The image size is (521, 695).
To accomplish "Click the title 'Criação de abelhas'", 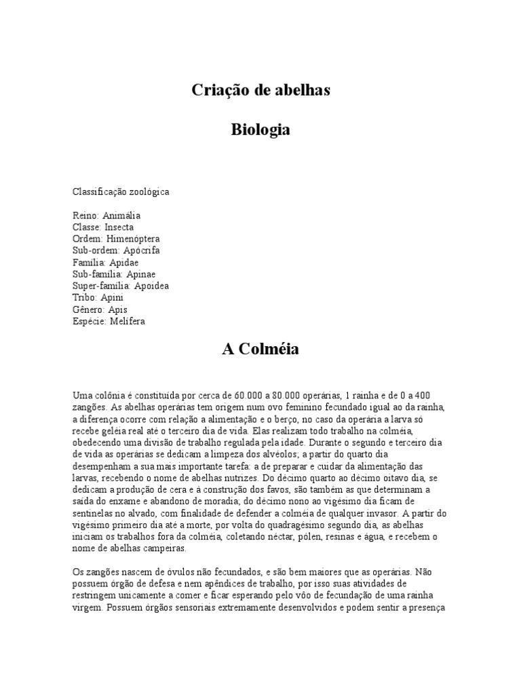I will pyautogui.click(x=260, y=90).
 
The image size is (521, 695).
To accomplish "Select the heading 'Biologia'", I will pyautogui.click(x=260, y=130).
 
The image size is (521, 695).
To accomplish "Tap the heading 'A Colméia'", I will pyautogui.click(x=260, y=350).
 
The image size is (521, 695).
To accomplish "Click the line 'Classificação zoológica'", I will pyautogui.click(x=121, y=192).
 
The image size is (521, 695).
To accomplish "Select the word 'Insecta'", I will pyautogui.click(x=119, y=227).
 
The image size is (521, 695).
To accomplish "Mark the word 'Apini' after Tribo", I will pyautogui.click(x=112, y=297).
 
